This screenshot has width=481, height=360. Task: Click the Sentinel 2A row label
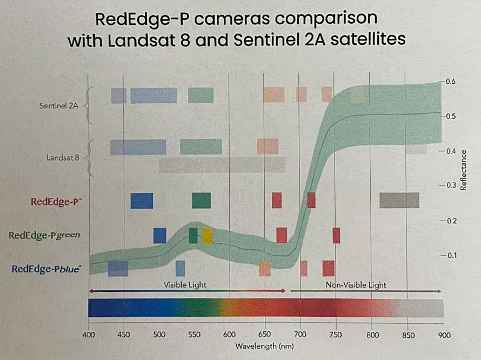59,106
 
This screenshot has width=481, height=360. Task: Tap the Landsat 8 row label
64,158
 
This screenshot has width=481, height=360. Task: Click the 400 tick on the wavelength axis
88,335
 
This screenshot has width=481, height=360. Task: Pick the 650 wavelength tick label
265,335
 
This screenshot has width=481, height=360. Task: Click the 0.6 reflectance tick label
451,81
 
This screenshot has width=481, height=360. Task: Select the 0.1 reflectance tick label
451,255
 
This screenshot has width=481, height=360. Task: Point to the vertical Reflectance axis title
463,170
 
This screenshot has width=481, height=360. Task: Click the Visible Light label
185,284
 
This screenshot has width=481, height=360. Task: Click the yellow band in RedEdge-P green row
207,236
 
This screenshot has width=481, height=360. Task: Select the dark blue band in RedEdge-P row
142,201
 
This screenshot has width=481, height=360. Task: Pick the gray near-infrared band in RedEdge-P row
399,200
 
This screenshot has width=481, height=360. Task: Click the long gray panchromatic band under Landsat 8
222,165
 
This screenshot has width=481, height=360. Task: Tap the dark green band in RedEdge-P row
201,201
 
